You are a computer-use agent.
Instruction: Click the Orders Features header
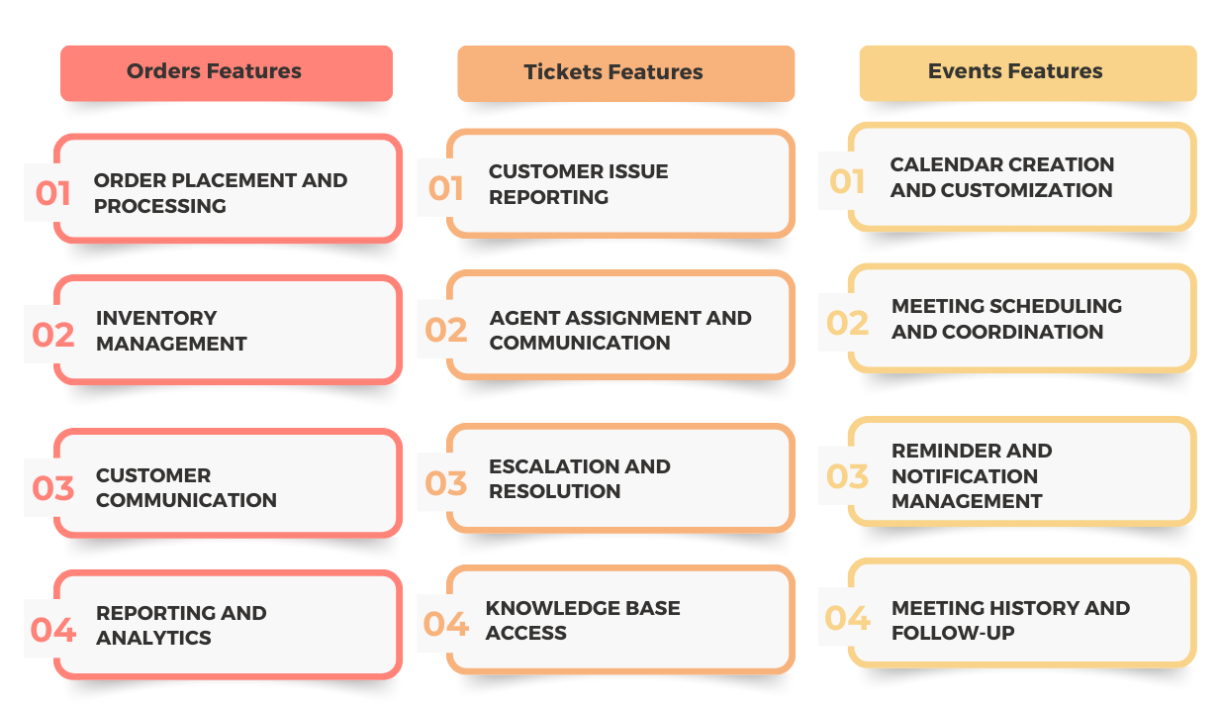(227, 73)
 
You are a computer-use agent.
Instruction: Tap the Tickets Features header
(625, 73)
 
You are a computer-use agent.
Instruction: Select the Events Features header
(1028, 73)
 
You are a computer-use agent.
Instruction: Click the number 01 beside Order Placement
(52, 193)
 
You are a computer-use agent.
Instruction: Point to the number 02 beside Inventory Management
(52, 335)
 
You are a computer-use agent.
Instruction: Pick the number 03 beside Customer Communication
(52, 487)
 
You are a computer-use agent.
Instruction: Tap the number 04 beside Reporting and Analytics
(52, 630)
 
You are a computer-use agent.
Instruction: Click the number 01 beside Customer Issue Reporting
(446, 188)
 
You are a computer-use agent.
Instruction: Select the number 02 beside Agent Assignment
(446, 330)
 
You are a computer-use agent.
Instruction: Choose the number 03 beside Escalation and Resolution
(446, 483)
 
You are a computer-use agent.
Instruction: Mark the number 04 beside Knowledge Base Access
(446, 624)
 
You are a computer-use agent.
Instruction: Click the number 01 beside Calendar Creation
(847, 181)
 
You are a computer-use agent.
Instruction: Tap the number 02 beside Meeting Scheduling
(847, 323)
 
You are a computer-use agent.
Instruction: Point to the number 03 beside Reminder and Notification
(847, 475)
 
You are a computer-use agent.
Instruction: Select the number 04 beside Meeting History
(847, 618)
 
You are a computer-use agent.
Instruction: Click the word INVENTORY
(156, 318)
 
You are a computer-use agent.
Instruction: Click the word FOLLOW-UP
(954, 633)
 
